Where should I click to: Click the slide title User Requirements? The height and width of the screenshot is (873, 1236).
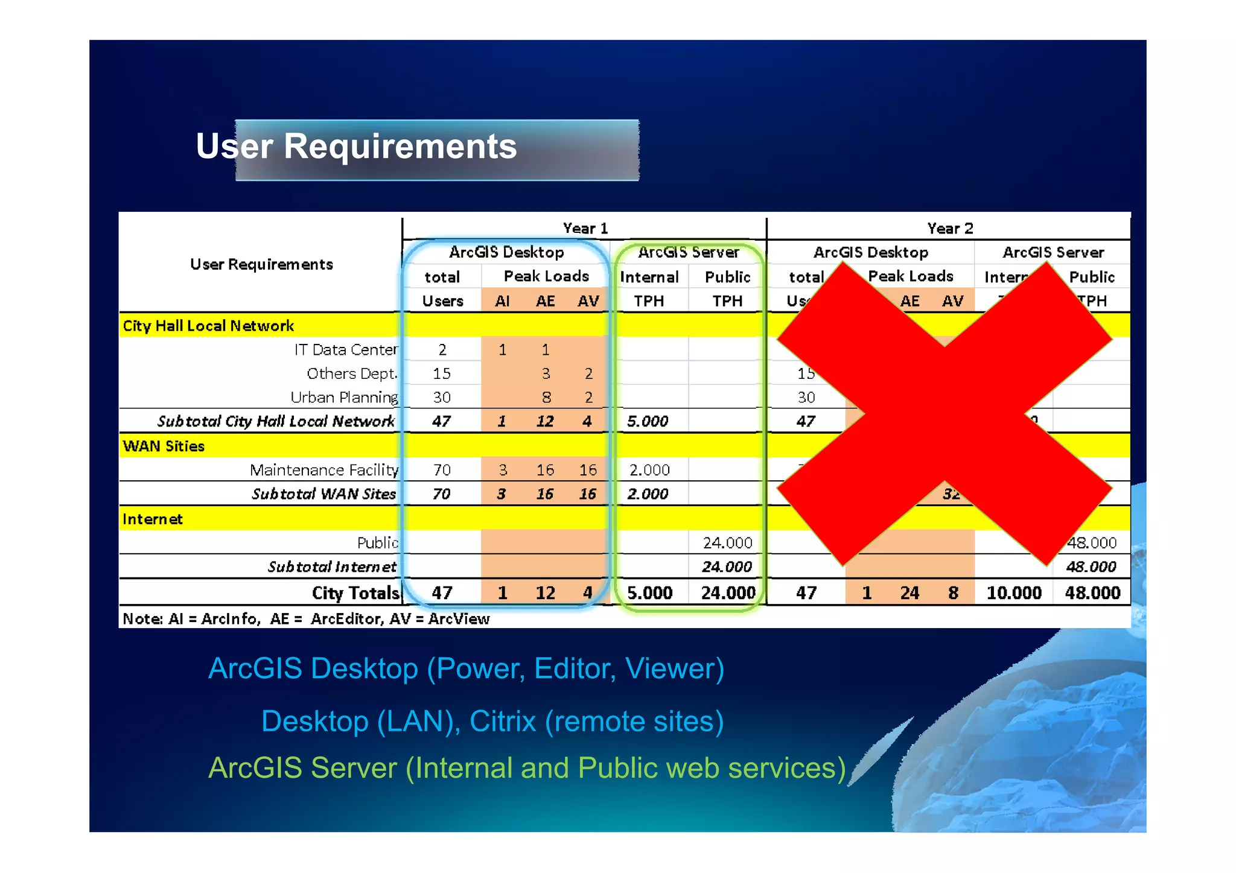click(x=356, y=147)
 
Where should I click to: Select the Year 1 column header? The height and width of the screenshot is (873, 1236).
click(x=585, y=229)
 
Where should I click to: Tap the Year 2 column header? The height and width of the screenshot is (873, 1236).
click(x=950, y=229)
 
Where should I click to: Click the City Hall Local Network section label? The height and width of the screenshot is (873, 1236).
click(x=208, y=326)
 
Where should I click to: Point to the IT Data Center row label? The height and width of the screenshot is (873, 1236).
click(x=346, y=350)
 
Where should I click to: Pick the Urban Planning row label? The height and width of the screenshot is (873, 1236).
click(x=344, y=398)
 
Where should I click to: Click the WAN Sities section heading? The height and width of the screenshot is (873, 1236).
click(x=164, y=446)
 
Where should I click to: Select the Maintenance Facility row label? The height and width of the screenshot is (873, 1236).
click(x=324, y=470)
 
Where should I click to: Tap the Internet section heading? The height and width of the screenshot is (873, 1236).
click(x=152, y=519)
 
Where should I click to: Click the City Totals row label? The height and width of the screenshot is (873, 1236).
click(x=355, y=593)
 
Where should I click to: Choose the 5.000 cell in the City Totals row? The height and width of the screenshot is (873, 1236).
click(x=649, y=593)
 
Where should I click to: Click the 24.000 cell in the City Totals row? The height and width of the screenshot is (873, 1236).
click(x=728, y=593)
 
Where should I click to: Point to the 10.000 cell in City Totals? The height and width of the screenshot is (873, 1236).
click(x=1014, y=593)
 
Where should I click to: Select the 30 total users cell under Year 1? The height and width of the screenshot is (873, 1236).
click(x=442, y=398)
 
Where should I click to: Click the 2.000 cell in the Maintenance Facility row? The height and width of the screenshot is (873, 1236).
click(x=649, y=470)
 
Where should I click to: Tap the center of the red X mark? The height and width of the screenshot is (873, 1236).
click(x=945, y=414)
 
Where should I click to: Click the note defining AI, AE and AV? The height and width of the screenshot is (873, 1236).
click(x=306, y=619)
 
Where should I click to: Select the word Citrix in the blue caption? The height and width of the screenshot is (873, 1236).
click(x=503, y=722)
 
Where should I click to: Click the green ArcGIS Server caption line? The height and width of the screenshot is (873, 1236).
click(x=527, y=768)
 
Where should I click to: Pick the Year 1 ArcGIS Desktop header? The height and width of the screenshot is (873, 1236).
click(x=506, y=252)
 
